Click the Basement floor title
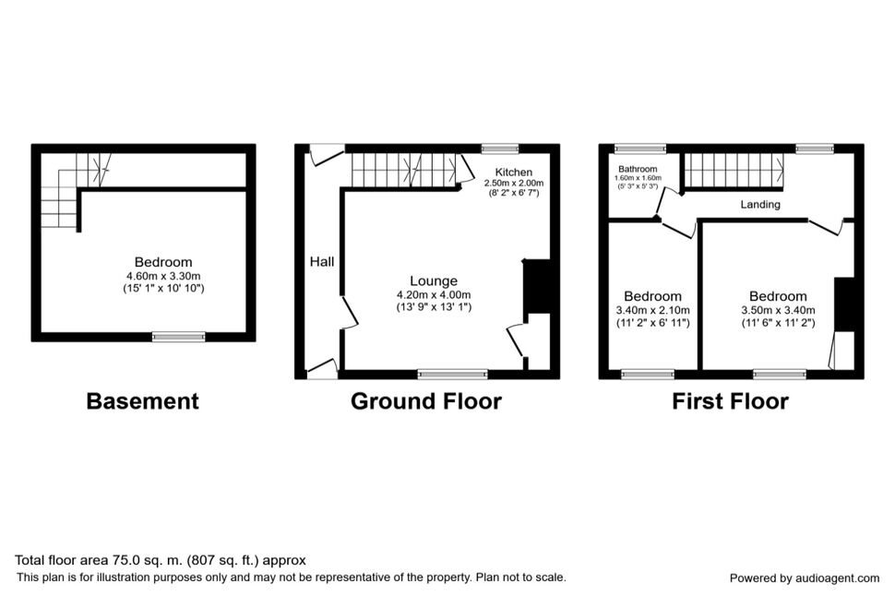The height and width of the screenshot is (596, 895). (x=143, y=400)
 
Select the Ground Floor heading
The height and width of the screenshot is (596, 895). (x=425, y=400)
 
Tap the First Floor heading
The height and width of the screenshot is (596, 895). (x=730, y=400)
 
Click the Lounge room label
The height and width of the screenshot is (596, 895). (x=434, y=280)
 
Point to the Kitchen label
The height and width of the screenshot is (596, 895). (x=514, y=172)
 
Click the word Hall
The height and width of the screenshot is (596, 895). (x=322, y=261)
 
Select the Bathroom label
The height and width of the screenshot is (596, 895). (x=638, y=169)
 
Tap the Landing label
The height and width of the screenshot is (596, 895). (x=760, y=205)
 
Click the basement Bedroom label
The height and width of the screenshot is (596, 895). (x=163, y=262)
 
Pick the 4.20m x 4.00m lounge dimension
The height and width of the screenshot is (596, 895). (x=434, y=294)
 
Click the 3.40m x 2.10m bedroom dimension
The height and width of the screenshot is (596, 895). (x=652, y=311)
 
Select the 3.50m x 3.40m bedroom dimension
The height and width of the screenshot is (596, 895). (x=778, y=311)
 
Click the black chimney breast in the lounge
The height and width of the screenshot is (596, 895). (x=538, y=286)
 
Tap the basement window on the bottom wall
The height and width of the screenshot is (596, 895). (x=179, y=337)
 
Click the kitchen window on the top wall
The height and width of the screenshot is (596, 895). (x=500, y=149)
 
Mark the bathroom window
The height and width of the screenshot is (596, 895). (x=640, y=149)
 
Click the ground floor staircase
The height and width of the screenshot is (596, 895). (x=404, y=170)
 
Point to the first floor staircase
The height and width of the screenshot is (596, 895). (x=734, y=170)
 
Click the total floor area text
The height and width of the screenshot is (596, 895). (x=161, y=560)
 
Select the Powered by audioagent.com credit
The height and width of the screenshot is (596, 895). (x=805, y=578)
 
